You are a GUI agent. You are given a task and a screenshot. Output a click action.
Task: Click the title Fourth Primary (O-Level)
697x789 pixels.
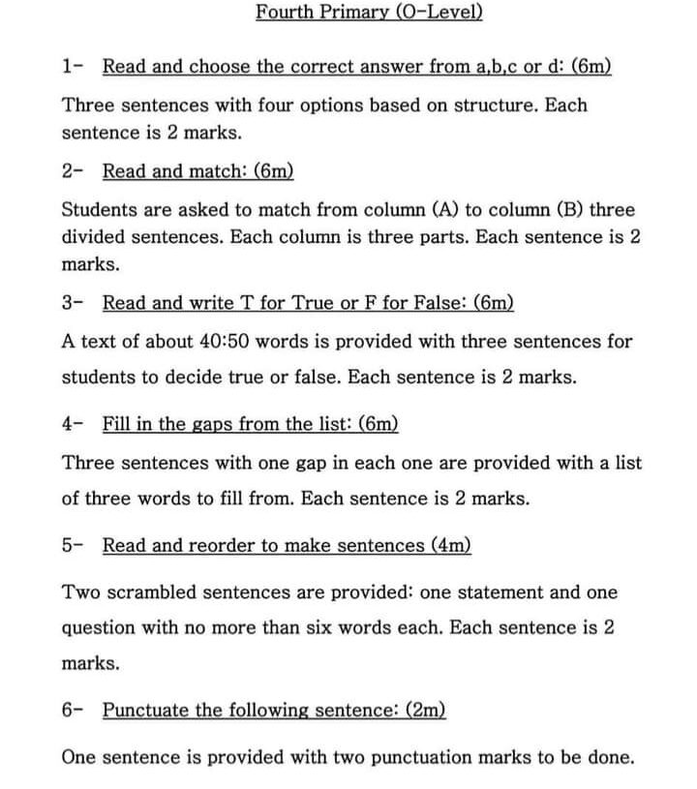pos(369,13)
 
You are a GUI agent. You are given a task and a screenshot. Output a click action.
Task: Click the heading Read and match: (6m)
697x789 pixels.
pos(197,171)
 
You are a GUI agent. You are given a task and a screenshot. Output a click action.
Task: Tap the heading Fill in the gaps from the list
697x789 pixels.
pos(250,424)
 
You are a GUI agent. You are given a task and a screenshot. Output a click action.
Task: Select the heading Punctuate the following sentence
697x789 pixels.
pos(274,710)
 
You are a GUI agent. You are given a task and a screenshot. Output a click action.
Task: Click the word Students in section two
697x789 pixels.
pos(99,209)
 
